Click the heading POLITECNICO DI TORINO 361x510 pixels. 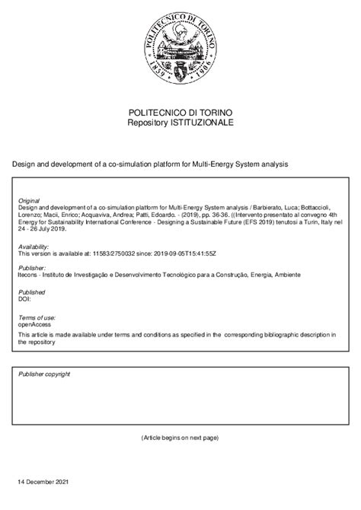point(180,111)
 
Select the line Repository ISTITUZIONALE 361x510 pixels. point(180,122)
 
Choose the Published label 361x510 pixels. point(32,292)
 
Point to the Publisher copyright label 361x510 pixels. point(44,375)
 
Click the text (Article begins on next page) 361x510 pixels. point(180,438)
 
